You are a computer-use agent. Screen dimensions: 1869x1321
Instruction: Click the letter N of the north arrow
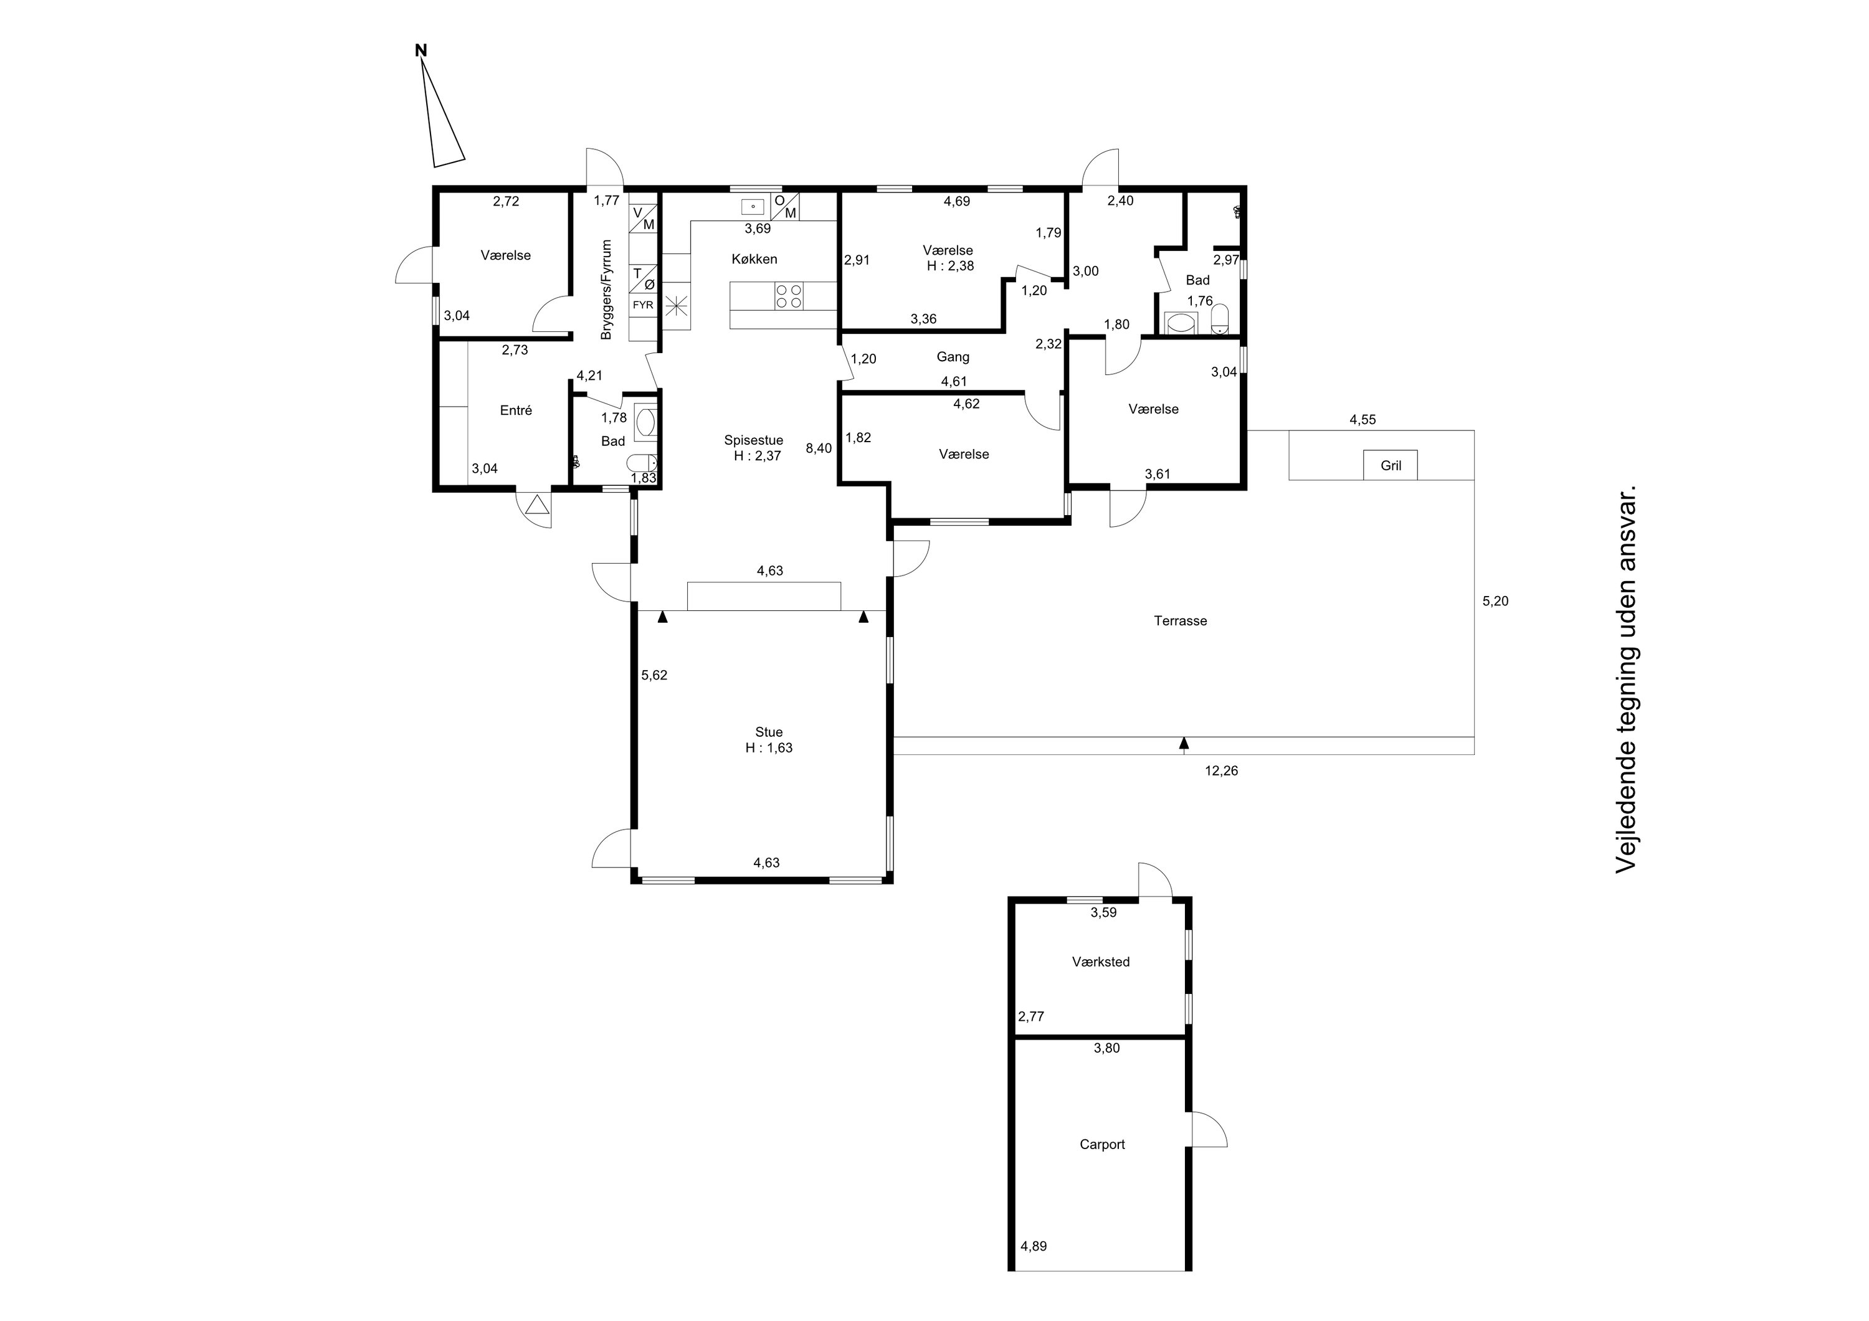(x=421, y=50)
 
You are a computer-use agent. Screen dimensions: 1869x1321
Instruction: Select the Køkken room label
(x=754, y=259)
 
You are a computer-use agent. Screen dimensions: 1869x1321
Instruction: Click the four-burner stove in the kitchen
(x=789, y=295)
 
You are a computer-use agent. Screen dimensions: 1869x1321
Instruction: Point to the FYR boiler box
(x=643, y=305)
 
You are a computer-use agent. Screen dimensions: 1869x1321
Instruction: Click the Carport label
(x=1102, y=1144)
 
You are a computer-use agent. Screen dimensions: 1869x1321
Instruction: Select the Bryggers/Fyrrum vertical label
(x=606, y=290)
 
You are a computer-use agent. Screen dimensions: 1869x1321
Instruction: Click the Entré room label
(x=516, y=410)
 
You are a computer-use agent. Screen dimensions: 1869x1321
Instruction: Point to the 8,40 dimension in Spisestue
(x=819, y=448)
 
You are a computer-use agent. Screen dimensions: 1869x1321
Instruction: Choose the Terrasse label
(x=1181, y=621)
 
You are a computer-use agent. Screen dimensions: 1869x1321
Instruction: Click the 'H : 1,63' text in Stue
(x=769, y=748)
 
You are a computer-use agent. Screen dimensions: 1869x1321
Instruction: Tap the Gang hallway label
(x=953, y=356)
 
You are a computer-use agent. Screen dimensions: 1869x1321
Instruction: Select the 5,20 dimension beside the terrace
(x=1495, y=602)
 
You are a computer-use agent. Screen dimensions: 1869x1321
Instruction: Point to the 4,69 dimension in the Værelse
(x=958, y=201)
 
